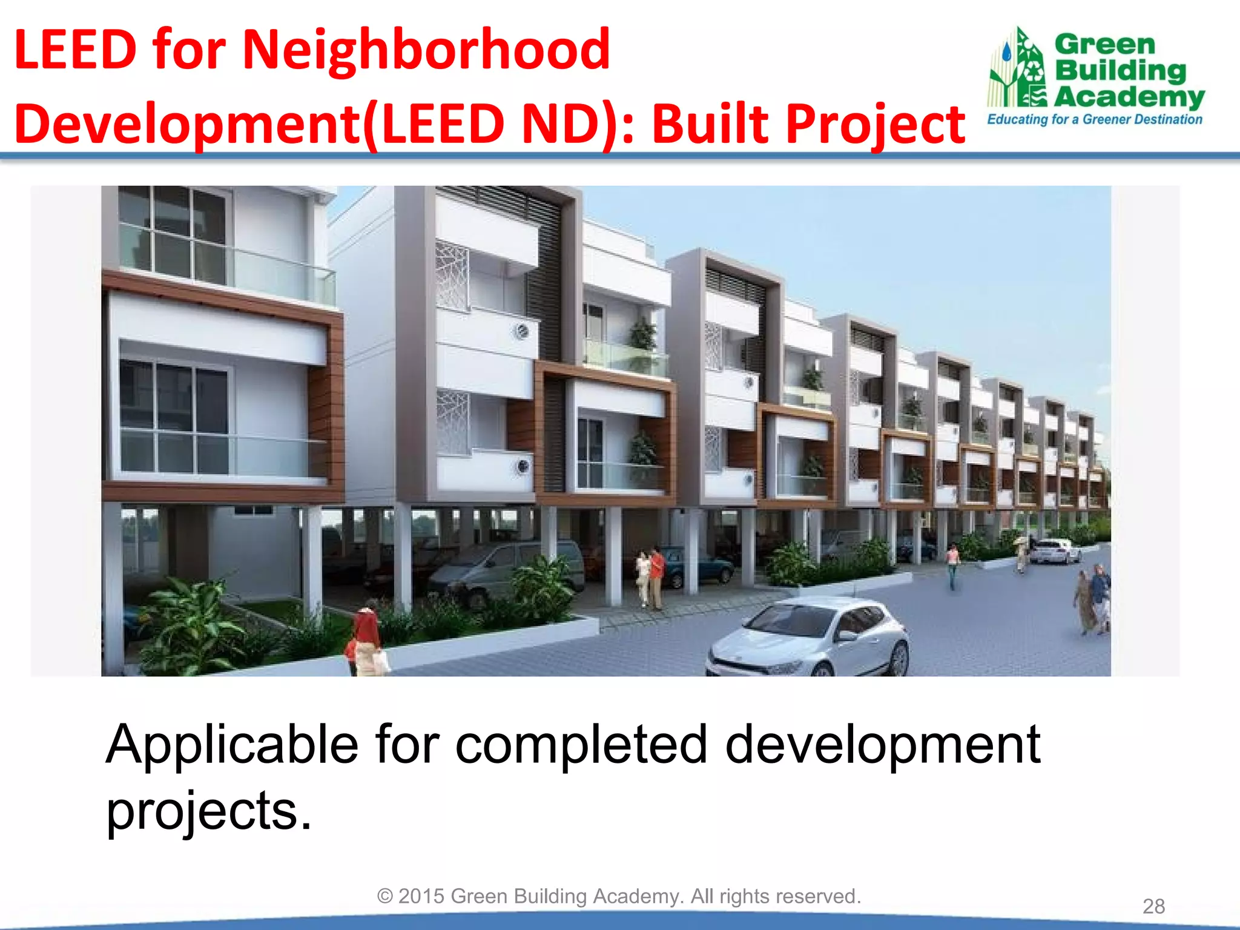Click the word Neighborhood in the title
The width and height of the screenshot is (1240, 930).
click(426, 51)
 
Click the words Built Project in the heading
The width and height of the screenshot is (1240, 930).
click(808, 125)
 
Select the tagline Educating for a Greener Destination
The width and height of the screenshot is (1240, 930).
click(1094, 119)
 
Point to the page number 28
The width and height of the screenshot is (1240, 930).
click(1153, 906)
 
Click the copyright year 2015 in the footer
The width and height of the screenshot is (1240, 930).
click(421, 896)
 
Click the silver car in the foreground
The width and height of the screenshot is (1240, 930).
click(808, 636)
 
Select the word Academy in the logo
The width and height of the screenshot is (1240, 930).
click(1129, 97)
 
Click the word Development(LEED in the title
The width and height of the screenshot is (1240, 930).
click(260, 125)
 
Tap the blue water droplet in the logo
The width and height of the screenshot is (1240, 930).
click(1006, 52)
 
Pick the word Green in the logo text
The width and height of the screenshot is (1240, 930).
click(1105, 44)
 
